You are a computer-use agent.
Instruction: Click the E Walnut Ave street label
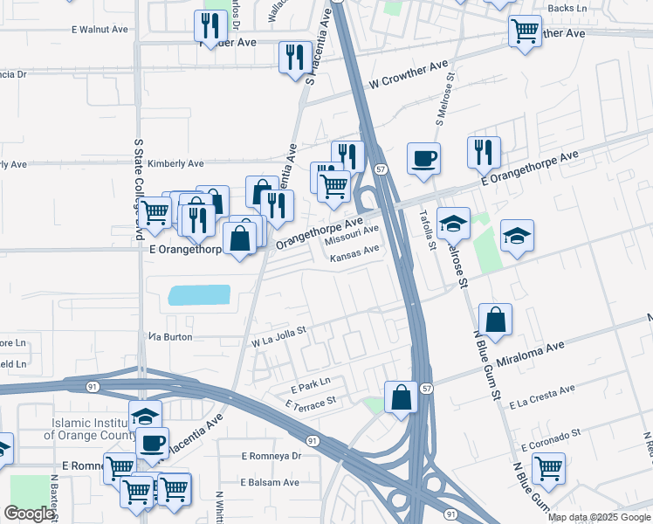[100, 29]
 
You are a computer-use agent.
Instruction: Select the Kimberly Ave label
[175, 163]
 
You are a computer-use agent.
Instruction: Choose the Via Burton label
[170, 336]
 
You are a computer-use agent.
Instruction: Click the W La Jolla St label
[279, 335]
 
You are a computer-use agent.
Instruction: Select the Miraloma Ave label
[532, 355]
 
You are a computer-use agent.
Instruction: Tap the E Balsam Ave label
[271, 482]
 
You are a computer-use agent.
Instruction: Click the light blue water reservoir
[199, 295]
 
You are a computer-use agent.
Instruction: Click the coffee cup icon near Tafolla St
[423, 158]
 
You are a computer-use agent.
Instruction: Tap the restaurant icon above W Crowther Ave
[294, 57]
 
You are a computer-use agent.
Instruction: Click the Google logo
[29, 514]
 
